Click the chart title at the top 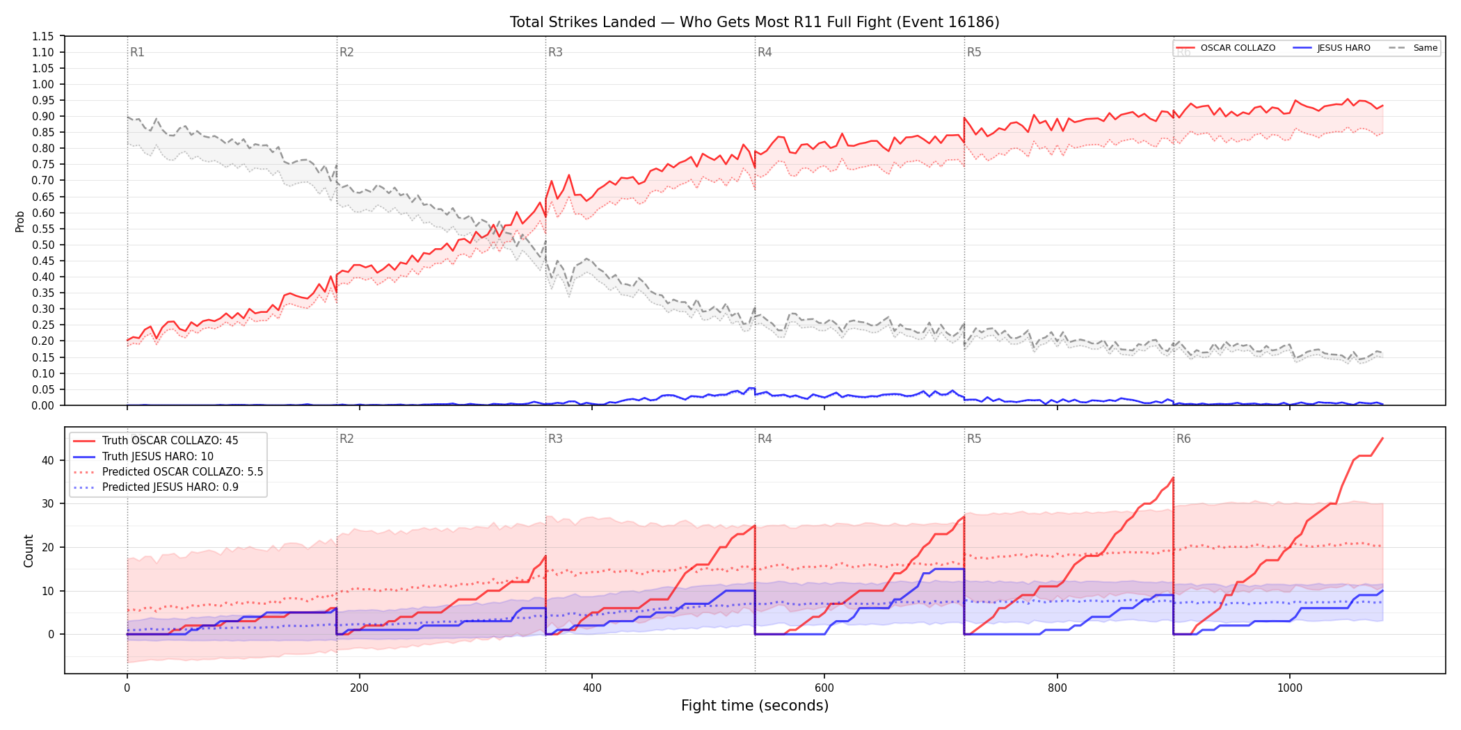[754, 22]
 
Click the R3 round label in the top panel [555, 52]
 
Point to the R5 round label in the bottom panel [974, 439]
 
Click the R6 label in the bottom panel [1183, 439]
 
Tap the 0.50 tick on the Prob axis [43, 245]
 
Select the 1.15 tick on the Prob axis [43, 36]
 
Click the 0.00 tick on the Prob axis [43, 405]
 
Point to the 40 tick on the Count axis [47, 460]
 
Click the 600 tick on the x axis [824, 688]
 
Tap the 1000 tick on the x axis [1290, 688]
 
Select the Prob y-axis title [20, 221]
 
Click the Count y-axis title [29, 551]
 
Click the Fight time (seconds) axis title [755, 706]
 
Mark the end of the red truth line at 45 [1382, 438]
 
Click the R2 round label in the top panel [346, 52]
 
